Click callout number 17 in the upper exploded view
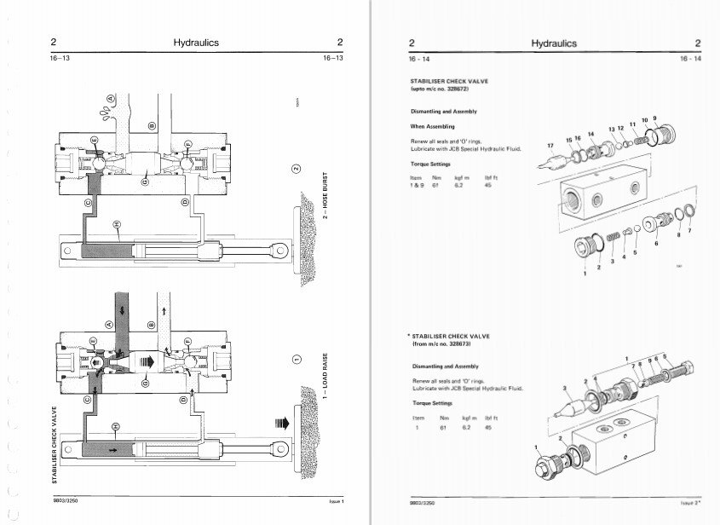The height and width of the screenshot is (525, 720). [550, 146]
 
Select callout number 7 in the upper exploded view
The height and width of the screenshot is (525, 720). [689, 231]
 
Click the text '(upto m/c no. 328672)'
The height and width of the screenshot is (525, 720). [442, 89]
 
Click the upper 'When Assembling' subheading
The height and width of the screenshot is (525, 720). [434, 125]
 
